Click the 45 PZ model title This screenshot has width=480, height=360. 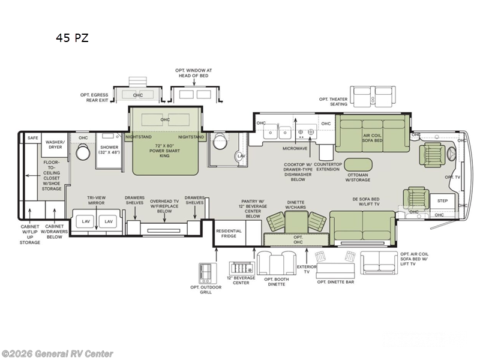(72, 38)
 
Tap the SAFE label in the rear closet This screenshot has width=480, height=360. (32, 138)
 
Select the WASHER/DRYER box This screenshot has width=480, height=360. (55, 144)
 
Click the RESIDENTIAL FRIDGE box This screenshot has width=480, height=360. (229, 233)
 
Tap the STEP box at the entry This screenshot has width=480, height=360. (442, 201)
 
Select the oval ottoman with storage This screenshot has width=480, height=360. (358, 164)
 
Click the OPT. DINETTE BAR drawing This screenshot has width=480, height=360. (335, 264)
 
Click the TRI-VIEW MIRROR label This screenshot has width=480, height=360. (96, 199)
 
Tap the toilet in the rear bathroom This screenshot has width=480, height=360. (82, 152)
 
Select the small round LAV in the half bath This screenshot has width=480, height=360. (241, 156)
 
